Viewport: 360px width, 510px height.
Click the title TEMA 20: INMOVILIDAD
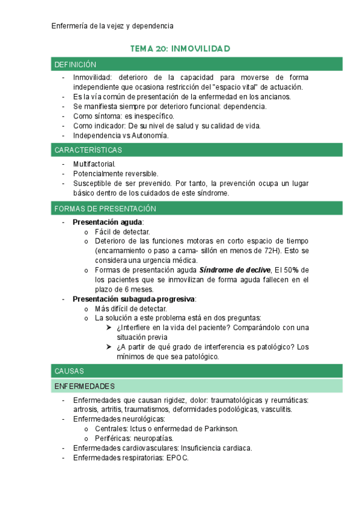[180, 48]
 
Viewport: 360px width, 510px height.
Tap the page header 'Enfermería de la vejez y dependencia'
[112, 26]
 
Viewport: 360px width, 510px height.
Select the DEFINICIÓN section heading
[75, 64]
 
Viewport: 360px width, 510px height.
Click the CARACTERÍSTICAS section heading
[88, 150]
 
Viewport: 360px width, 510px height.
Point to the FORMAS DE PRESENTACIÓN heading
[105, 209]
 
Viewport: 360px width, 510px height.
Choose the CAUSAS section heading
[69, 371]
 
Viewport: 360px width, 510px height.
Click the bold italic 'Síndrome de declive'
[234, 270]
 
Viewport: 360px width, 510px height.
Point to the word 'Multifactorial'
[94, 164]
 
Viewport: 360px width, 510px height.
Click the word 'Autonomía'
[150, 135]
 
